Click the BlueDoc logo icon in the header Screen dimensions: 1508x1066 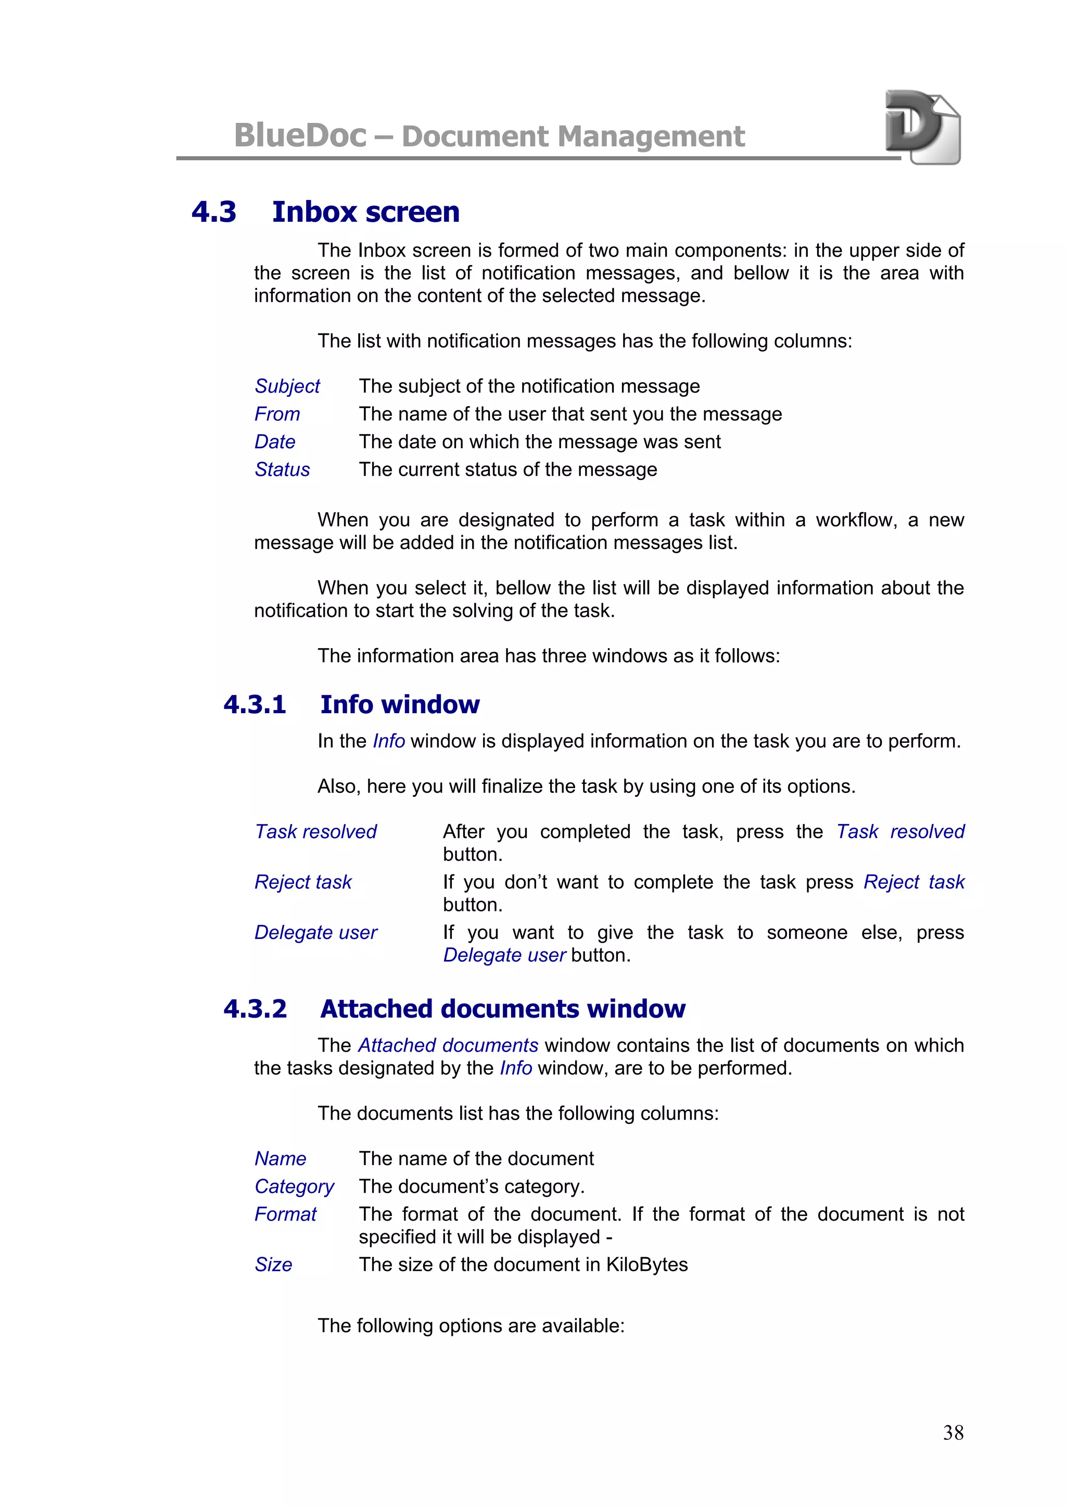click(922, 127)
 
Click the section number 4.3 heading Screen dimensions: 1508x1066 click(213, 212)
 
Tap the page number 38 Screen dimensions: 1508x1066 click(953, 1432)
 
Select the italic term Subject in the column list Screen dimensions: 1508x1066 click(287, 386)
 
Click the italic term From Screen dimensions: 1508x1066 click(277, 414)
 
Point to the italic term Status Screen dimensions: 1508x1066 click(282, 470)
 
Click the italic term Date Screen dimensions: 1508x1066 click(274, 442)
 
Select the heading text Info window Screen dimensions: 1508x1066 click(399, 705)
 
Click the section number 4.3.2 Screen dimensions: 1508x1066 click(255, 1009)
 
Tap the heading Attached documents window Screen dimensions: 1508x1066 click(502, 1009)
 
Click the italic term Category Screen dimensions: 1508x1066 click(294, 1187)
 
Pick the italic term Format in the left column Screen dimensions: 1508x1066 click(285, 1214)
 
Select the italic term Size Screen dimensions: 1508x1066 click(273, 1265)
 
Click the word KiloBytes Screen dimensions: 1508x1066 click(646, 1265)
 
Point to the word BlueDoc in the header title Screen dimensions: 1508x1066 click(300, 136)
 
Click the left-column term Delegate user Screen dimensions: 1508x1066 click(316, 933)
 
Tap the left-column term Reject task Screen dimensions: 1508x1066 click(303, 882)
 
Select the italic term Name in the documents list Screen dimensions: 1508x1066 click(281, 1159)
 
